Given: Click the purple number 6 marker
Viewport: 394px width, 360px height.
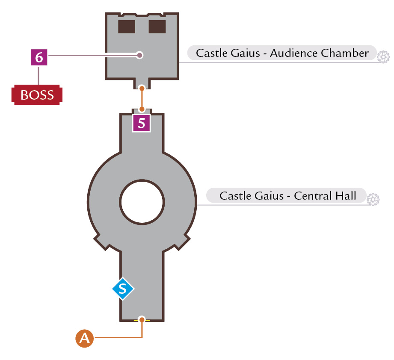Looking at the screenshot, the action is pyautogui.click(x=39, y=57).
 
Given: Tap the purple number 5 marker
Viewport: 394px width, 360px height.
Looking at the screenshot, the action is pyautogui.click(x=142, y=123).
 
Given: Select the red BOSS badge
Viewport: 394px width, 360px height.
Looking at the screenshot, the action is pyautogui.click(x=37, y=94).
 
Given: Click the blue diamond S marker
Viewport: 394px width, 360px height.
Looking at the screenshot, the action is pyautogui.click(x=123, y=289).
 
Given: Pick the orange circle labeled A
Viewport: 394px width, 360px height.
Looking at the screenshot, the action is pyautogui.click(x=84, y=338).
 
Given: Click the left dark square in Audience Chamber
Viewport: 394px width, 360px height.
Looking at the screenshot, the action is pyautogui.click(x=127, y=27).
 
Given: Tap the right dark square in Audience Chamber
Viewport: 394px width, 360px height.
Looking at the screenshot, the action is pyautogui.click(x=157, y=27).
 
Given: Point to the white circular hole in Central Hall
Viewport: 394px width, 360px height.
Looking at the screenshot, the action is pyautogui.click(x=142, y=202).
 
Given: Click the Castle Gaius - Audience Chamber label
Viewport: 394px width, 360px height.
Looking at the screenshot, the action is pyautogui.click(x=282, y=53).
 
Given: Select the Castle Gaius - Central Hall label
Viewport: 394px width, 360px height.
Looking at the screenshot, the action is pyautogui.click(x=287, y=195).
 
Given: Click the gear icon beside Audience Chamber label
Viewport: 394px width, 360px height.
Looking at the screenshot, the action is pyautogui.click(x=383, y=57).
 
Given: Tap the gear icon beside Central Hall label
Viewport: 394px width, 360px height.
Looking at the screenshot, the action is pyautogui.click(x=373, y=200).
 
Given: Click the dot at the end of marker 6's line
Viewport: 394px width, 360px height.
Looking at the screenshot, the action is pyautogui.click(x=140, y=55).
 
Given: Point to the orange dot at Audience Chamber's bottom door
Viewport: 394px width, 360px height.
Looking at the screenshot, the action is pyautogui.click(x=142, y=89).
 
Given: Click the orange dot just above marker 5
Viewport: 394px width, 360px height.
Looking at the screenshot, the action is pyautogui.click(x=142, y=109).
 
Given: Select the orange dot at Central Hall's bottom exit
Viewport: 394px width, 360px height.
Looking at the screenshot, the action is pyautogui.click(x=142, y=319).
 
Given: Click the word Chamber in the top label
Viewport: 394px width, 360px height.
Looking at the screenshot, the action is pyautogui.click(x=345, y=53).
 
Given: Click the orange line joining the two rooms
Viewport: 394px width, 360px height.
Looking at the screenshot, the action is pyautogui.click(x=142, y=99).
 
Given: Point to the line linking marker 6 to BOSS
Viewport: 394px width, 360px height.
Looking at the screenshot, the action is pyautogui.click(x=39, y=75).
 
